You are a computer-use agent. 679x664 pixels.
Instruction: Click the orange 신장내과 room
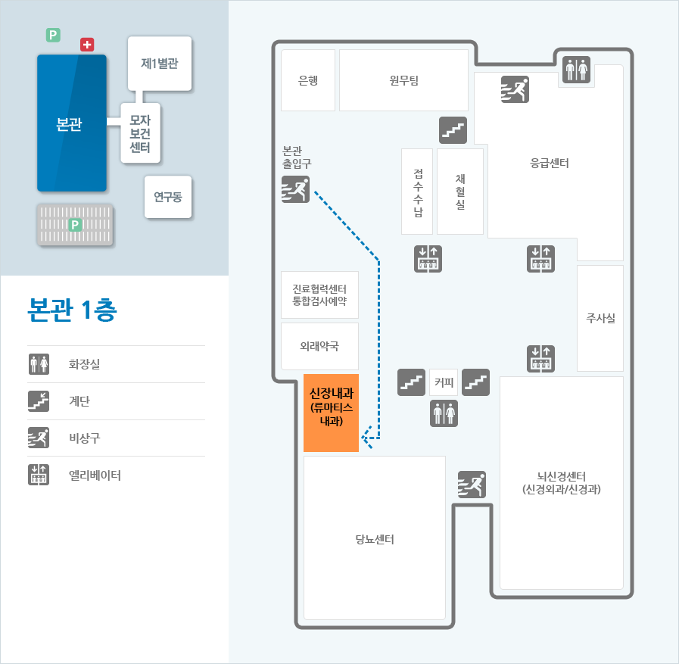click(331, 413)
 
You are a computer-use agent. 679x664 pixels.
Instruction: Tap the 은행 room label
click(308, 80)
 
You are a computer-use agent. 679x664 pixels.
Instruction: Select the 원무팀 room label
click(403, 80)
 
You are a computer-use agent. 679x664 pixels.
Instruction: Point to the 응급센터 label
click(549, 163)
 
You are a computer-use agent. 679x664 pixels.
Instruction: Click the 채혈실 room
click(460, 192)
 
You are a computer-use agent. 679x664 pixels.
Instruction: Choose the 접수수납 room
click(417, 192)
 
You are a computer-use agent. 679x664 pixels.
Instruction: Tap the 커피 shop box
click(444, 382)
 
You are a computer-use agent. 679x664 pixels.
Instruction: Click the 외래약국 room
click(319, 346)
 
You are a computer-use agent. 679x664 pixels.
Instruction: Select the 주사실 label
click(600, 318)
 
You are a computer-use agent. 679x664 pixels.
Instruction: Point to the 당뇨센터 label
click(375, 539)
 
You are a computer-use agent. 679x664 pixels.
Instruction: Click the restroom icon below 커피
click(444, 413)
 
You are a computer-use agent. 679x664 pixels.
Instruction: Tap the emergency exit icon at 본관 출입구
click(295, 189)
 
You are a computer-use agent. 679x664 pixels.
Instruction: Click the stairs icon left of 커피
click(411, 382)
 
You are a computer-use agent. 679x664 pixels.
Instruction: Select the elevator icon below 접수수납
click(428, 259)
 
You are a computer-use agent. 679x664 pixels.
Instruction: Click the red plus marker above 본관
click(87, 44)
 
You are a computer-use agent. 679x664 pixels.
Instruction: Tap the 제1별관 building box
click(160, 64)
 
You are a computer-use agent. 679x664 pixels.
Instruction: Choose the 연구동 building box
click(168, 197)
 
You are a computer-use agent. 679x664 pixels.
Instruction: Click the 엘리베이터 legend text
click(95, 475)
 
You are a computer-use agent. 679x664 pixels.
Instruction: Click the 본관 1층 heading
click(72, 310)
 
